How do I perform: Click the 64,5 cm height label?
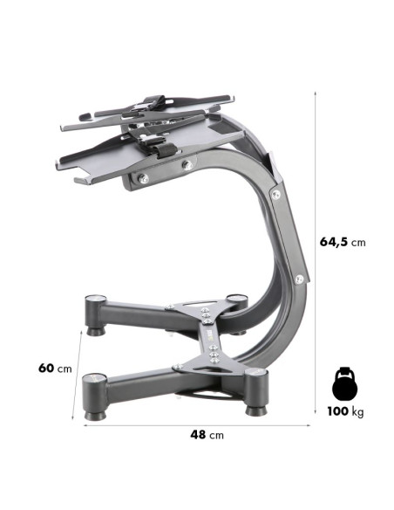[x=343, y=241]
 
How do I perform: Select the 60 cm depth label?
[x=54, y=368]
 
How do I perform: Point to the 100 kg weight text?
[x=345, y=411]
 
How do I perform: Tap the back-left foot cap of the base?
[x=93, y=301]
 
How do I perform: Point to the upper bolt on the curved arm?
[x=276, y=195]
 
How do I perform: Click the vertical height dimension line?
[x=314, y=253]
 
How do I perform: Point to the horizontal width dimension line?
[x=197, y=425]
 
